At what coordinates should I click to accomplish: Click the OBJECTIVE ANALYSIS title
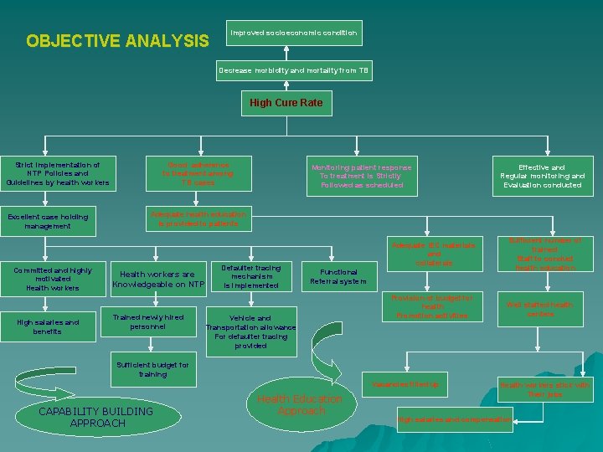tap(118, 40)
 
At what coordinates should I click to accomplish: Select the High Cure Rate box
tap(286, 103)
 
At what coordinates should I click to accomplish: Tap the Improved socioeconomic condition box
tap(294, 33)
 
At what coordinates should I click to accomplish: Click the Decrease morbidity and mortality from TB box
tap(293, 70)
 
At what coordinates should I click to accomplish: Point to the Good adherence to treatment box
tap(198, 173)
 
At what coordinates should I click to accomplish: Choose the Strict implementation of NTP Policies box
tap(57, 173)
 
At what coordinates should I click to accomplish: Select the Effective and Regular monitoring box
tap(542, 176)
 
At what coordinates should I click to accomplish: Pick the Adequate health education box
tap(198, 219)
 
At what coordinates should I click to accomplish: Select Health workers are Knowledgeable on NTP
tap(158, 279)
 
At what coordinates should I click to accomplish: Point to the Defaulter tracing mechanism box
tap(250, 276)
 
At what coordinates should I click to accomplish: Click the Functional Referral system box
tap(338, 276)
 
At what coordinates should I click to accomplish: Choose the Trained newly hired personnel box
tap(151, 321)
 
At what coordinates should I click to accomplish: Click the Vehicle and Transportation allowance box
tap(250, 331)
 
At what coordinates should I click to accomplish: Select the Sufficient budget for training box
tap(153, 370)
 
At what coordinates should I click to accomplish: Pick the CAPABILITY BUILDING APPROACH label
tap(96, 417)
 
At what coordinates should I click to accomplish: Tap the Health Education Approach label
tap(299, 405)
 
